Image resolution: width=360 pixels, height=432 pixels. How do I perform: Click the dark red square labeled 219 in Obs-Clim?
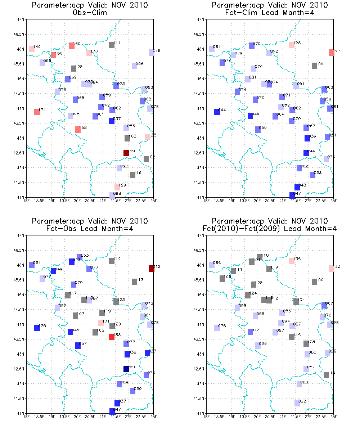(126, 153)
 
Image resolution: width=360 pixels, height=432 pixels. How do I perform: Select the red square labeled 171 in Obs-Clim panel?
(37, 112)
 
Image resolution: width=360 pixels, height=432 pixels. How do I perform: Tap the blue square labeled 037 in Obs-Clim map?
(112, 121)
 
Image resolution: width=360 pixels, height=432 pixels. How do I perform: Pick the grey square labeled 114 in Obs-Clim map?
(112, 45)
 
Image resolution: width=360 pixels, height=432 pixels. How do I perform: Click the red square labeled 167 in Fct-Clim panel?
(332, 53)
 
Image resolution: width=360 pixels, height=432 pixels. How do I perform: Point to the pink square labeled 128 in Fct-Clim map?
(292, 45)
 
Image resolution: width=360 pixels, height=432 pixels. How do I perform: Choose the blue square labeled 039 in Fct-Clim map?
(307, 138)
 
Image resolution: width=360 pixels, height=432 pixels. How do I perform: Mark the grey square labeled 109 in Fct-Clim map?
(314, 66)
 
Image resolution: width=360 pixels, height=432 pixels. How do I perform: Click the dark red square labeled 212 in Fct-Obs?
(152, 269)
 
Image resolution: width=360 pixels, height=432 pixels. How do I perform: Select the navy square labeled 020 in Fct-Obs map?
(126, 369)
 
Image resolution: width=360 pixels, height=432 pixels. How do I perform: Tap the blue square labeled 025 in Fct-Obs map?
(37, 328)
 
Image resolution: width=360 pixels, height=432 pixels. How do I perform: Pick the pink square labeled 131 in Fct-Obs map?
(101, 323)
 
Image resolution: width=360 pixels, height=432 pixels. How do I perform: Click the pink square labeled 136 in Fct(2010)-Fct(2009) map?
(292, 261)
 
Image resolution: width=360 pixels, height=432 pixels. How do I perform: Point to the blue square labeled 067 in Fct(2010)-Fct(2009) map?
(324, 305)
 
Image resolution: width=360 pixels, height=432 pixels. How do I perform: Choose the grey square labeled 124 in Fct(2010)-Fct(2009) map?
(248, 295)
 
